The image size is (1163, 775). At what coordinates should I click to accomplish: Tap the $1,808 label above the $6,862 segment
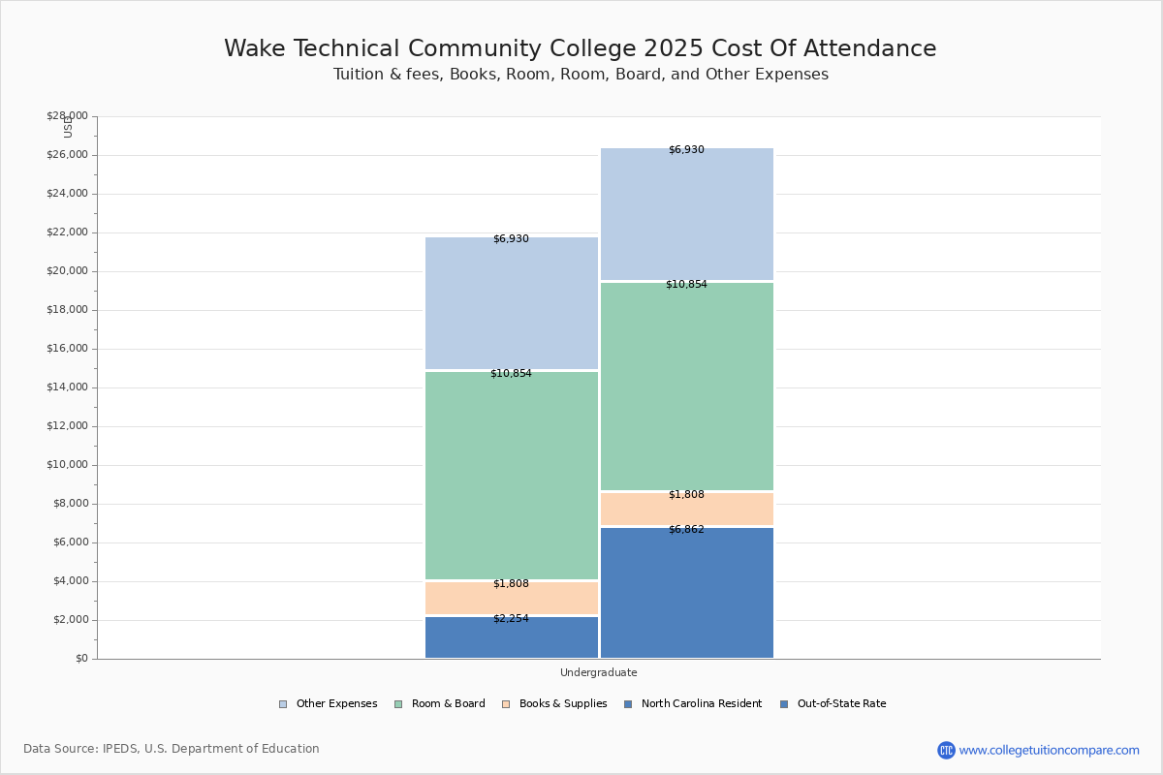(x=686, y=495)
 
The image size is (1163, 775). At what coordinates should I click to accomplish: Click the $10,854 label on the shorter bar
(x=511, y=374)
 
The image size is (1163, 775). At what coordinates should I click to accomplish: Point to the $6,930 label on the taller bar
(x=686, y=150)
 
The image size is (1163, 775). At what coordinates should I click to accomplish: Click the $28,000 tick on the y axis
(x=67, y=116)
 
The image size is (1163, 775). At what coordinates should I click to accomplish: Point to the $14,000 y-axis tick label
(x=67, y=387)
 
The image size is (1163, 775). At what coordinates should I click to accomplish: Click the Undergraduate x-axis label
(x=598, y=672)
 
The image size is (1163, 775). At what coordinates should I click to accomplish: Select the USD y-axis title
(x=68, y=127)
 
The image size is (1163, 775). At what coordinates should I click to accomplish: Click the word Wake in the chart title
(x=257, y=49)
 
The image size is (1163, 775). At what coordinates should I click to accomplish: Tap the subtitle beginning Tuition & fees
(x=581, y=75)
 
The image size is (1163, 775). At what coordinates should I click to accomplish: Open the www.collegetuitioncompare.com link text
(x=1049, y=750)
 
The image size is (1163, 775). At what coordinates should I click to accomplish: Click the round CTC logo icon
(x=946, y=750)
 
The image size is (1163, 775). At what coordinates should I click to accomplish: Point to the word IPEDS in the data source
(x=121, y=749)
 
